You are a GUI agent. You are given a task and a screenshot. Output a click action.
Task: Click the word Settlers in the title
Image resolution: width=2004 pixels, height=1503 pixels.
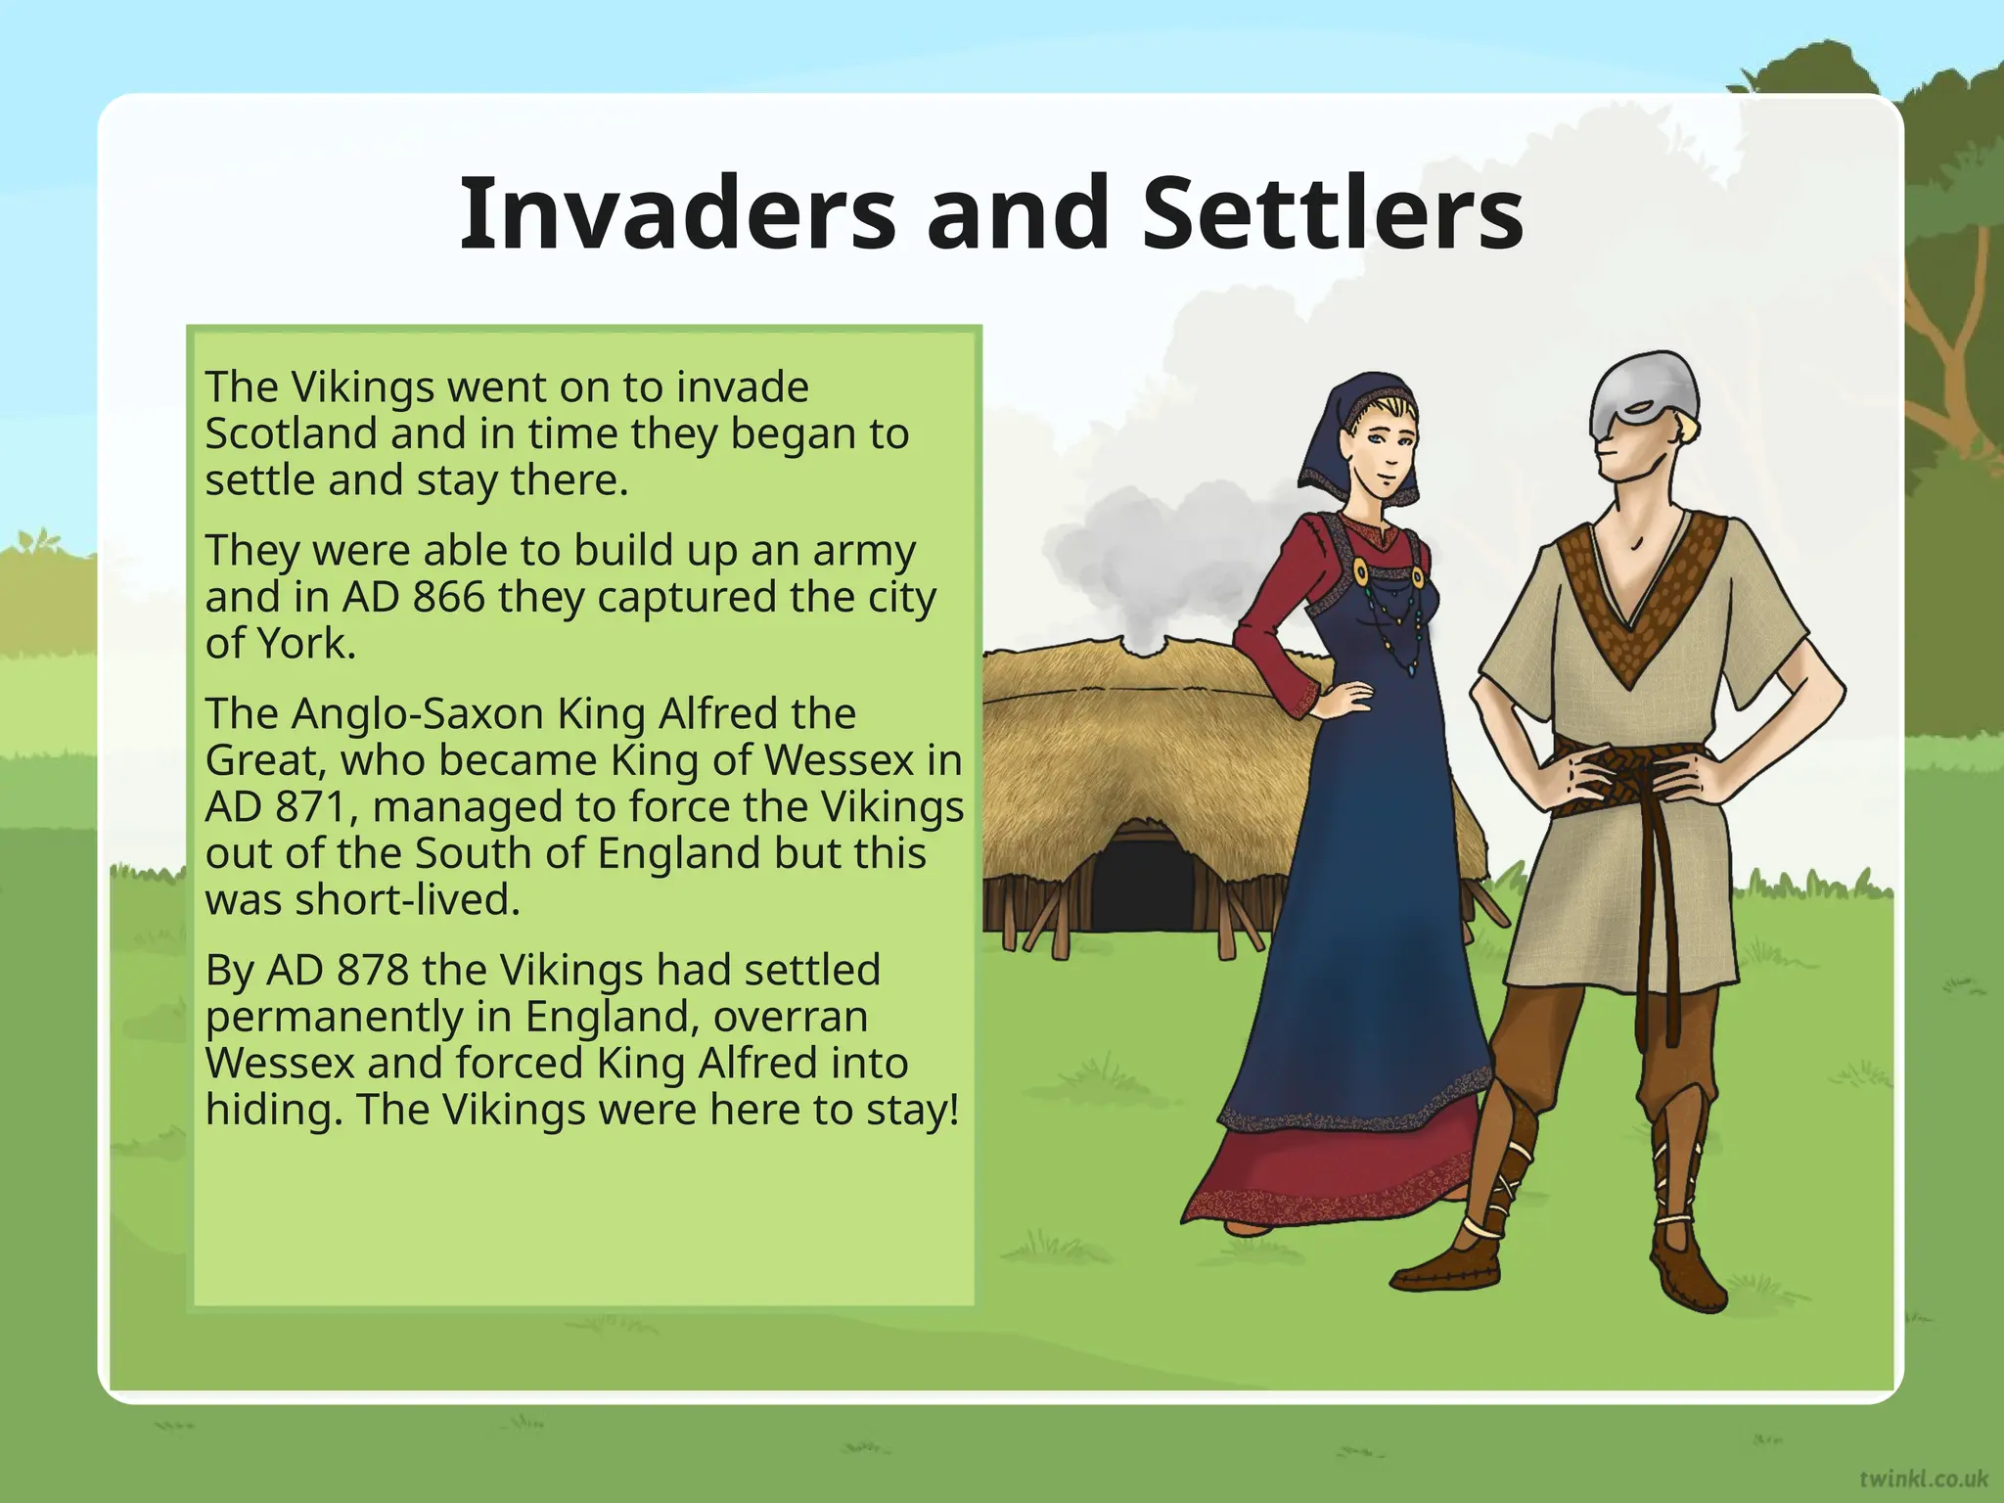[1332, 213]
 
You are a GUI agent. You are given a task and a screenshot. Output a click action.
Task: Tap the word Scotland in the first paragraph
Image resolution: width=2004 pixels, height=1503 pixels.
[291, 433]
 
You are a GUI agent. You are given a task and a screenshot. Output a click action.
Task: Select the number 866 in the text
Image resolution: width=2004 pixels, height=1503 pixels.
[448, 597]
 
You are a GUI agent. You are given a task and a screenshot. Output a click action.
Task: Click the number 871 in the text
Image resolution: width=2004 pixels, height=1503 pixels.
[311, 807]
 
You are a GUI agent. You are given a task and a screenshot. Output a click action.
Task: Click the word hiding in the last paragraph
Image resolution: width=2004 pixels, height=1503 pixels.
[273, 1110]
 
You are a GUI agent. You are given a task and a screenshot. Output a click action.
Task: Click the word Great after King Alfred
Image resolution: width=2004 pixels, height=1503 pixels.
[262, 760]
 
